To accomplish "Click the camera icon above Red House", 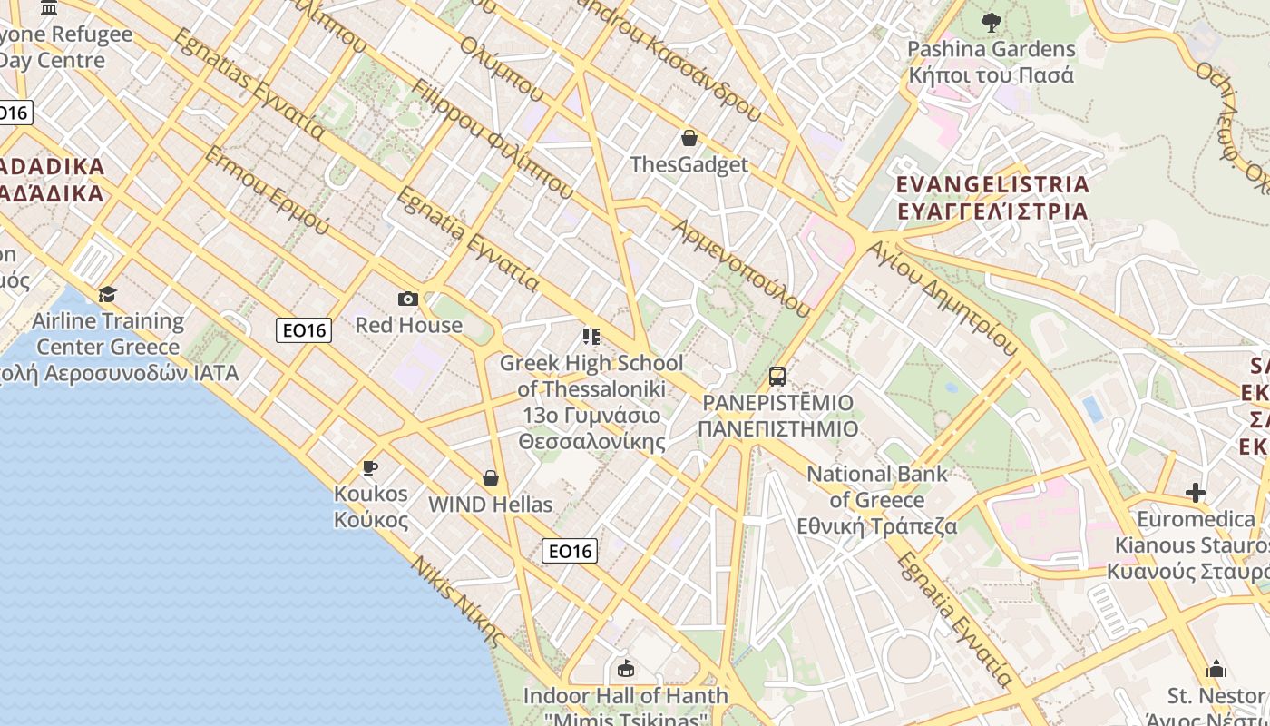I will [408, 299].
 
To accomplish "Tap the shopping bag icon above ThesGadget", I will [689, 138].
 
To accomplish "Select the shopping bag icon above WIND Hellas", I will [491, 478].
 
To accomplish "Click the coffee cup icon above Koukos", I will [370, 468].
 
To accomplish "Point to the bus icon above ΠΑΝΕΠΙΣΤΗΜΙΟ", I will [777, 376].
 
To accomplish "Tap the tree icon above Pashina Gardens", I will [991, 22].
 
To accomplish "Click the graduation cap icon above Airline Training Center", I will [108, 294].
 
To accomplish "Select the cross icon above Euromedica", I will [1196, 493].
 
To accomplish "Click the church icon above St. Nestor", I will [1216, 670].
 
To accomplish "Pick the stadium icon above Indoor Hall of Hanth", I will [625, 669].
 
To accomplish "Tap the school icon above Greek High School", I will [591, 338].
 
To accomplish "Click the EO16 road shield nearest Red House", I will [304, 330].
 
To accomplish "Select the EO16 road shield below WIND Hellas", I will [570, 550].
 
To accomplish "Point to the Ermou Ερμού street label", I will [266, 190].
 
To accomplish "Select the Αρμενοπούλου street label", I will [741, 267].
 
